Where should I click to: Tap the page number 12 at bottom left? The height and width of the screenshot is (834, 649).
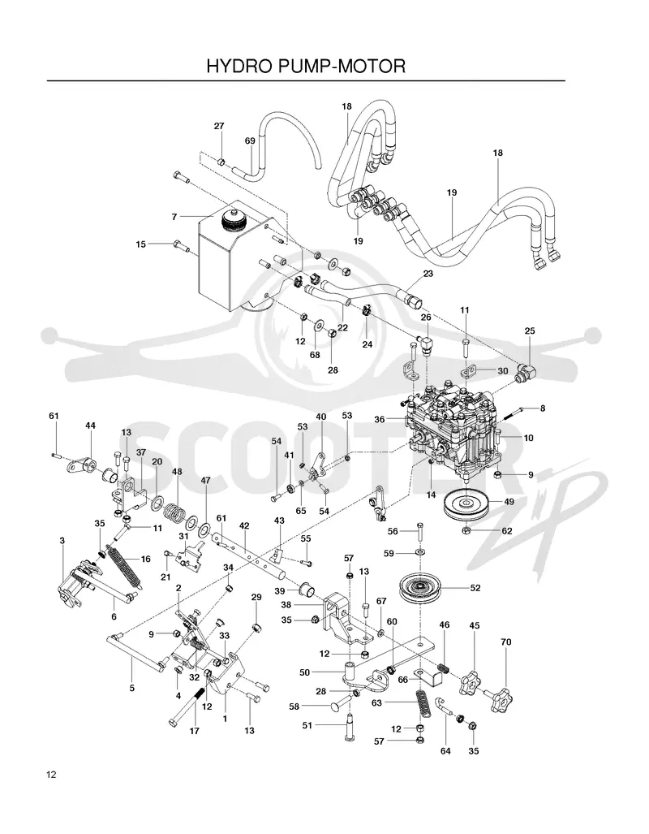[x=51, y=775]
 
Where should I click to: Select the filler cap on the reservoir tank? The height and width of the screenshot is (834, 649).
[x=234, y=219]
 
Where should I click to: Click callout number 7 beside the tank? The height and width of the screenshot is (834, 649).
[x=174, y=217]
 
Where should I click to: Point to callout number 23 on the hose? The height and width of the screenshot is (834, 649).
[x=428, y=274]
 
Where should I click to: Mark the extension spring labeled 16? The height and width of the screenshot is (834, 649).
[x=124, y=566]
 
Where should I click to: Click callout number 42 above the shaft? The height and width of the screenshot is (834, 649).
[x=244, y=525]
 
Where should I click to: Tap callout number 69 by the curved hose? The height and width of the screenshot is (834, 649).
[x=250, y=141]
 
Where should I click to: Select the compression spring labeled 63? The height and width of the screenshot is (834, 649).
[x=423, y=705]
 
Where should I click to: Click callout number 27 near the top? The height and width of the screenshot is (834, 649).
[x=219, y=126]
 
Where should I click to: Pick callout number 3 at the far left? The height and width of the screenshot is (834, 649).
[x=62, y=541]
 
